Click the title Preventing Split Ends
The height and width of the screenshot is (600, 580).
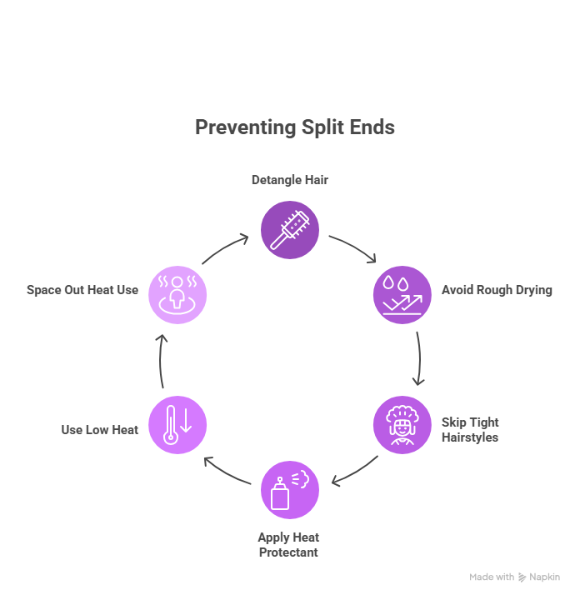[294, 127]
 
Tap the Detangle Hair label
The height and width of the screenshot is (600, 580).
[290, 180]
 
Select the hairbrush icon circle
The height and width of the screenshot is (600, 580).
[290, 228]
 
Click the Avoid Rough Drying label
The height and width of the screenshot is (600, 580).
[497, 291]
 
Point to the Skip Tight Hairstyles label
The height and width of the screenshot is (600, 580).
[470, 430]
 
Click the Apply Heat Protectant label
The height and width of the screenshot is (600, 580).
[288, 544]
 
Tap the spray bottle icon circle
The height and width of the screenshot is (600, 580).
[290, 490]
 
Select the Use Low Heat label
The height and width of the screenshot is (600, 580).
[99, 430]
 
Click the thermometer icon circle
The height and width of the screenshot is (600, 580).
[177, 425]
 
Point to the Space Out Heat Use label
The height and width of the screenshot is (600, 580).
[82, 290]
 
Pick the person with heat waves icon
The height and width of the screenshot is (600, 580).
[177, 294]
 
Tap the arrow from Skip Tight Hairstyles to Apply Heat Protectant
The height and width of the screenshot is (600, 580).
[355, 472]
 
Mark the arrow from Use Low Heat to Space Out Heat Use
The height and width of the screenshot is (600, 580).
[161, 360]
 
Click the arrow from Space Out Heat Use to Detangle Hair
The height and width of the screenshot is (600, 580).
[225, 248]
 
